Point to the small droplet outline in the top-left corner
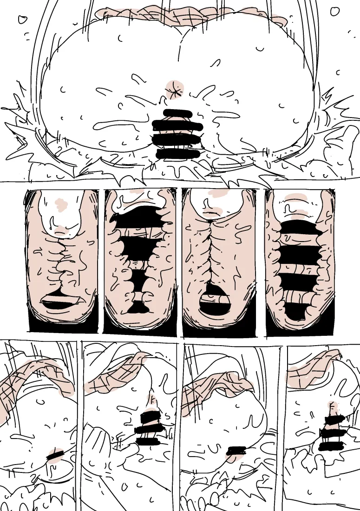(x=22, y=20)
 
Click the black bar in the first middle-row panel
(x=62, y=303)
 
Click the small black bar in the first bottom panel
(x=55, y=453)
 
